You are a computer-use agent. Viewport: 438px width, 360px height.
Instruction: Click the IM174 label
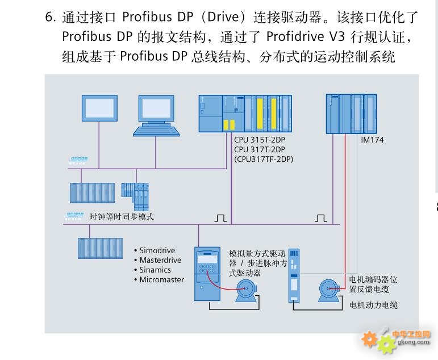[372, 140]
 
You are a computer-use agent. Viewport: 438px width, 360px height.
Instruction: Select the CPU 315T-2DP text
[260, 140]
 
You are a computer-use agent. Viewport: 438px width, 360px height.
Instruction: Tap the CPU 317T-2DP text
[260, 149]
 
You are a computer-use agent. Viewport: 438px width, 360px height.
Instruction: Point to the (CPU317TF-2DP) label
[264, 159]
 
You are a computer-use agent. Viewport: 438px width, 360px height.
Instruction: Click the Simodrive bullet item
[155, 250]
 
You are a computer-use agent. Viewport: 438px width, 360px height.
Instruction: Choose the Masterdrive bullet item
[157, 260]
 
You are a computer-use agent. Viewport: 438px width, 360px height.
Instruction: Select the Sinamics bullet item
[152, 270]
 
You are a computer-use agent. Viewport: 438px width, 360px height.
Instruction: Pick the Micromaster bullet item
[159, 279]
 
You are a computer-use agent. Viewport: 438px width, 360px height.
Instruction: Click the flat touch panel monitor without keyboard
[99, 108]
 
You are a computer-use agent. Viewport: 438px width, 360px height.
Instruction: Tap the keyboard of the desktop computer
[156, 131]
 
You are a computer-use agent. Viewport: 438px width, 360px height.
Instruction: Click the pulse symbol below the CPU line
[220, 218]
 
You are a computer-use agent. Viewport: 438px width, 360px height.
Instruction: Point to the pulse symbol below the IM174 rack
[320, 218]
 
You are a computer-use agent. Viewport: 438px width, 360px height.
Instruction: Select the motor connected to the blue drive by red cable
[246, 291]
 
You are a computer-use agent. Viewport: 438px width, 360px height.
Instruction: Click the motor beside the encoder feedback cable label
[329, 291]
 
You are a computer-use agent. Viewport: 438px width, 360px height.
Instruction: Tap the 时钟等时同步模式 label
[122, 216]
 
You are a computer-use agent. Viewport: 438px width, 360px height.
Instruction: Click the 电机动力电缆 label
[373, 305]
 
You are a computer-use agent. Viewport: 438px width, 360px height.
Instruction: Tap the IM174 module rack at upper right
[352, 114]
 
